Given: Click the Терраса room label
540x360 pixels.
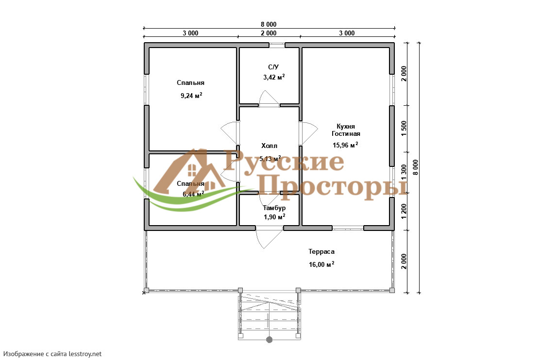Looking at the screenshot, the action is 321,252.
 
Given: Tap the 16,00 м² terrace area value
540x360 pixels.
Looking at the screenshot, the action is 321,264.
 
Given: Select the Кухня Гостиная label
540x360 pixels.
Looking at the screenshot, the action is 346,130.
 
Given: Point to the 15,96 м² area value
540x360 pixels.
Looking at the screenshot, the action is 345,145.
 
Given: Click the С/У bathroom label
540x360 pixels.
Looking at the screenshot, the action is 273,67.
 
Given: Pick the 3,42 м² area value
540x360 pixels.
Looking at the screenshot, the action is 274,77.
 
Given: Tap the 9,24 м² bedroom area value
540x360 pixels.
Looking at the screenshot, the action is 191,95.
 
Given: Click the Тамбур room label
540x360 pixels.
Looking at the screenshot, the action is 274,208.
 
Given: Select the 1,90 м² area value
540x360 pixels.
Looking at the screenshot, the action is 274,217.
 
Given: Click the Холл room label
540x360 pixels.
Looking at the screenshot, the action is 270,146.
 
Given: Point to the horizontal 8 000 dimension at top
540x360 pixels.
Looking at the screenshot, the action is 269,24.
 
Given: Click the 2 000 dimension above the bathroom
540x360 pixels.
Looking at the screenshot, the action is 269,33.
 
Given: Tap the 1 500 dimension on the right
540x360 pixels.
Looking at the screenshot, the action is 404,129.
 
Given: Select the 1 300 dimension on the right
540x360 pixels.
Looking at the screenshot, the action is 404,172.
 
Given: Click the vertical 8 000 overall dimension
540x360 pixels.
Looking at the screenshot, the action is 416,167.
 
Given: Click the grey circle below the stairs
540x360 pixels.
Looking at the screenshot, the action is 270,340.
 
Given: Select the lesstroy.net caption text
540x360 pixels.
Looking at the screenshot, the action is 53,354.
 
